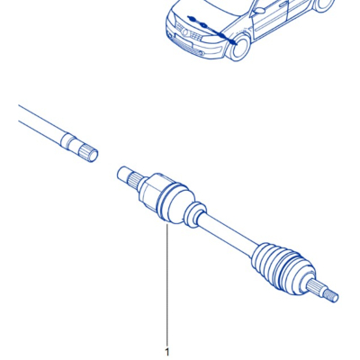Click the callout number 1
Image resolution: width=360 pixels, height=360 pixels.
point(167,352)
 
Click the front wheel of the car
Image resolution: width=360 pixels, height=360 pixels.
point(239,48)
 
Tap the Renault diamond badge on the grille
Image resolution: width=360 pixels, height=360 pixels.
point(185,32)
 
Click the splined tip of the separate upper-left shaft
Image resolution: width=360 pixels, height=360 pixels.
point(88,152)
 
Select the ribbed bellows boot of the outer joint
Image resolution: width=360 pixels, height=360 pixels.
point(282,267)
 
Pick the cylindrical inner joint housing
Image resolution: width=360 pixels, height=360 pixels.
point(151,192)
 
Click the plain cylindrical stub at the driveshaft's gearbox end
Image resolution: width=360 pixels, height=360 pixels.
point(123,174)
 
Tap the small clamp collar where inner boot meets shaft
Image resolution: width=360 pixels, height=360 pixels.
point(194,214)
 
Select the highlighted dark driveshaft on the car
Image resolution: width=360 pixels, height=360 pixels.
point(211,30)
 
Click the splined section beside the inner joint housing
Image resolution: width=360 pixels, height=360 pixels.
point(135,181)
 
